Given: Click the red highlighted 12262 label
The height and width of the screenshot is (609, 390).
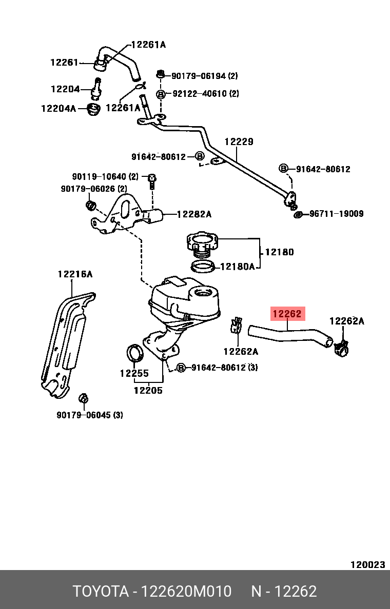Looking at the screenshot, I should pyautogui.click(x=288, y=314).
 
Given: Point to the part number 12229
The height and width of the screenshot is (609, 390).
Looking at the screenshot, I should pyautogui.click(x=239, y=141).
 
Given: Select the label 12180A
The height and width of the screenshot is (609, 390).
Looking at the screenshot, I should pyautogui.click(x=237, y=267).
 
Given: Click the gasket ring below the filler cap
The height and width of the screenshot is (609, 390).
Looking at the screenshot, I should pyautogui.click(x=203, y=267).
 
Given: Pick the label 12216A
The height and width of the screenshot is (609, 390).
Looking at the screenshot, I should pyautogui.click(x=75, y=274).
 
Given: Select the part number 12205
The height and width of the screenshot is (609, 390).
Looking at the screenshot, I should pyautogui.click(x=148, y=390).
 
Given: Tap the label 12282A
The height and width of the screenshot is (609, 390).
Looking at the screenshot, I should pyautogui.click(x=194, y=214).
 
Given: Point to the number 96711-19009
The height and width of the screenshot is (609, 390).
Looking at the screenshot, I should pyautogui.click(x=336, y=213).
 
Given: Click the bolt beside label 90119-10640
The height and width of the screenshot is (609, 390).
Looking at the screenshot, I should pyautogui.click(x=152, y=179).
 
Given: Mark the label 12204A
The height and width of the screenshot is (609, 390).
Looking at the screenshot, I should pyautogui.click(x=59, y=108).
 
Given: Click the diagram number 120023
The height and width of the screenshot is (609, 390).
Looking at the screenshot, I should pyautogui.click(x=367, y=564).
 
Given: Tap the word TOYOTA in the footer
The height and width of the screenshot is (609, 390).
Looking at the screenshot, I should pyautogui.click(x=101, y=591).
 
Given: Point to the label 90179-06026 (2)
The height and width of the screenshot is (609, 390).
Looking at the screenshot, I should pyautogui.click(x=94, y=189).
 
